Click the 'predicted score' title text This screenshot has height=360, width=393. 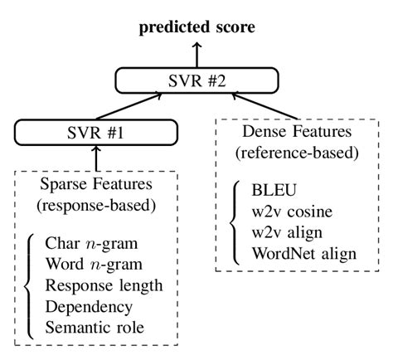tap(196, 28)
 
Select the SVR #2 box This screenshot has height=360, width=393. tap(196, 80)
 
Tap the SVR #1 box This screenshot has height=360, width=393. tap(97, 133)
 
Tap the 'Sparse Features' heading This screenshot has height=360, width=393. tap(98, 183)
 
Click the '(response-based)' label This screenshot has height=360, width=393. tap(98, 203)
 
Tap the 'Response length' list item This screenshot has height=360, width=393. tap(104, 286)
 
